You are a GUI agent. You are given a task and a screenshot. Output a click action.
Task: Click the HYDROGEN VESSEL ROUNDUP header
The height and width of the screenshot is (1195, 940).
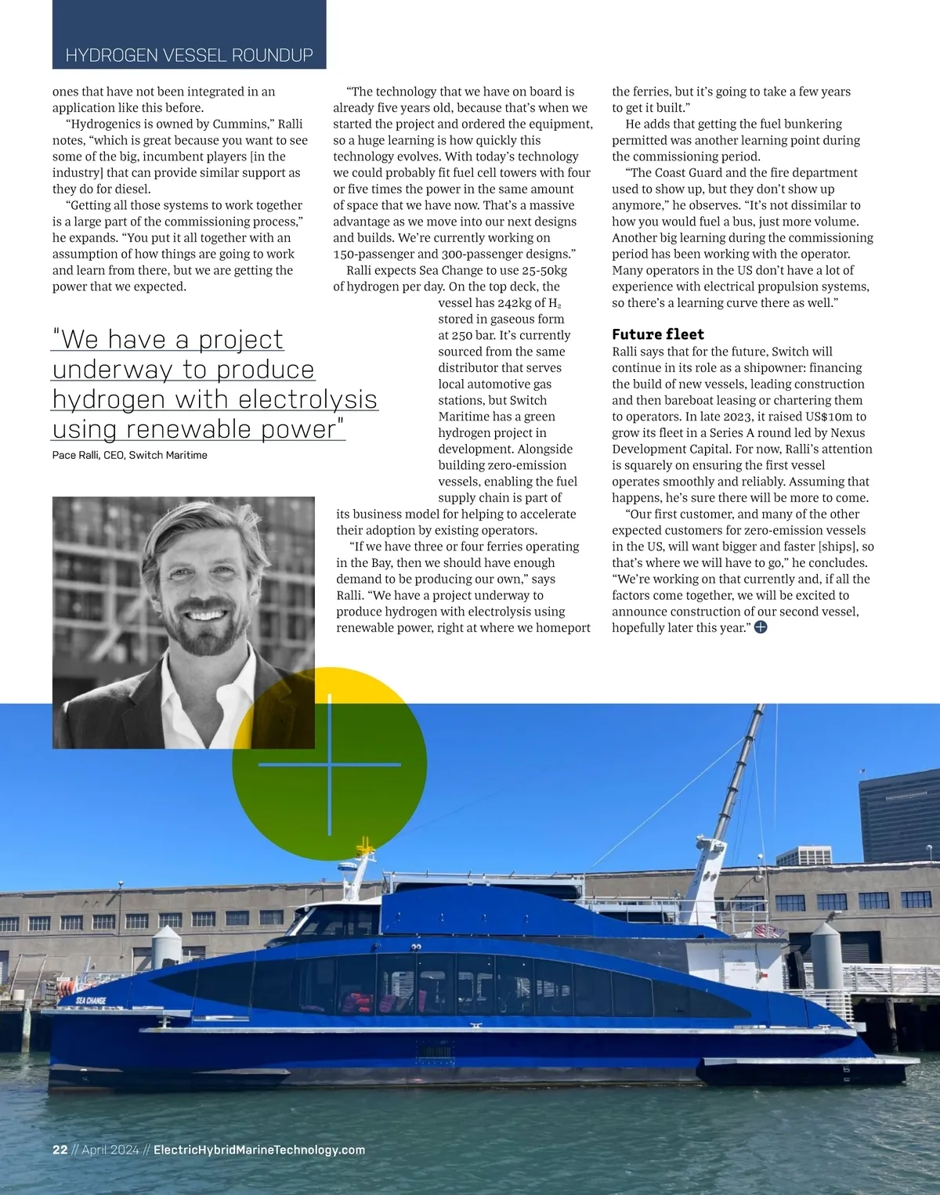(x=189, y=55)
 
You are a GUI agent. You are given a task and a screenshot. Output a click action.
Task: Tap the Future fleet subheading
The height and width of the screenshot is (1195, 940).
(x=658, y=334)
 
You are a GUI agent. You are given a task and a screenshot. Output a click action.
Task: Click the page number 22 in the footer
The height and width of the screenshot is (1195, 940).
(x=60, y=1150)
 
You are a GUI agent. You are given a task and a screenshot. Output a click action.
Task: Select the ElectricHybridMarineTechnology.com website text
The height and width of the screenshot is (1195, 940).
(x=259, y=1150)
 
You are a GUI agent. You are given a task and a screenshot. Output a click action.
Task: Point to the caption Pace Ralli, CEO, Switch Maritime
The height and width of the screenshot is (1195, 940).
(x=129, y=455)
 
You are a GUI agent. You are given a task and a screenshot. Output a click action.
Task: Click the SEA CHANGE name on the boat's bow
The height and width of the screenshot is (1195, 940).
(x=91, y=1001)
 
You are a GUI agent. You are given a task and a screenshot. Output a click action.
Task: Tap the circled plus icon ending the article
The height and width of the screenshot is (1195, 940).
(x=760, y=627)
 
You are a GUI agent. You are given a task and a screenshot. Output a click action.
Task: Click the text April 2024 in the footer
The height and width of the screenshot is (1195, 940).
(x=110, y=1150)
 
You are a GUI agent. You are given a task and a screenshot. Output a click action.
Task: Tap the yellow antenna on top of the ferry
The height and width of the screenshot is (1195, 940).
(x=363, y=846)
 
